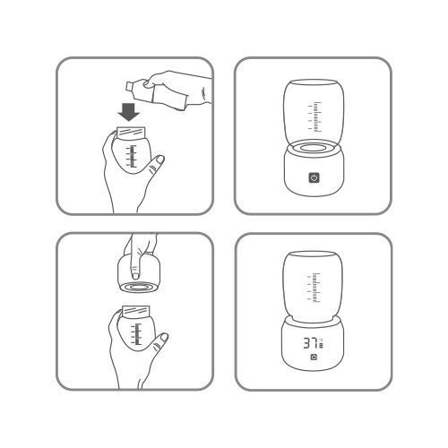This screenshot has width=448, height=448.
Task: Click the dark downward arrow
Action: [x=129, y=112]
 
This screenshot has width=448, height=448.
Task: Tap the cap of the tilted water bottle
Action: [x=130, y=86]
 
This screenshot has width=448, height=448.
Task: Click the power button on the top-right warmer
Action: [x=314, y=178]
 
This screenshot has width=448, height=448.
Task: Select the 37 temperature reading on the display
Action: [x=311, y=343]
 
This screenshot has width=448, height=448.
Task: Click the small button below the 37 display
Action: [x=314, y=358]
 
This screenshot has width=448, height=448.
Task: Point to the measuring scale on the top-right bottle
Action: [x=315, y=116]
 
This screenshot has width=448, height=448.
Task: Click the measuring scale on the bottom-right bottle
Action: [x=314, y=288]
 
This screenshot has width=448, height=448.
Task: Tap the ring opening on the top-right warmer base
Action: [x=314, y=148]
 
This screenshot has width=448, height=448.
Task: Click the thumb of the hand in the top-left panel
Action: [x=156, y=165]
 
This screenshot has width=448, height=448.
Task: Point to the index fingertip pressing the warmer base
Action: [x=135, y=274]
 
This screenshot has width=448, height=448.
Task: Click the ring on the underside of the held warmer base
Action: [x=139, y=287]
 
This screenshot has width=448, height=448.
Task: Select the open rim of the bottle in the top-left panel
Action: [x=131, y=133]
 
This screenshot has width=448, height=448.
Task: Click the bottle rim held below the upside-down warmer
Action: [x=135, y=311]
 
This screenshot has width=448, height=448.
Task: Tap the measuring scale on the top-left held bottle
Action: [x=132, y=156]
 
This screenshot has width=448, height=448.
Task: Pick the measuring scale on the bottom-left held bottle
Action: [x=136, y=334]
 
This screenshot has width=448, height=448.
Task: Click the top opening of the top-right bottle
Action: [x=314, y=82]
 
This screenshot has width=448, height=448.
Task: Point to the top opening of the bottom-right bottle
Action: [x=314, y=254]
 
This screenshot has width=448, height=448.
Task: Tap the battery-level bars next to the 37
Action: [x=321, y=346]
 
